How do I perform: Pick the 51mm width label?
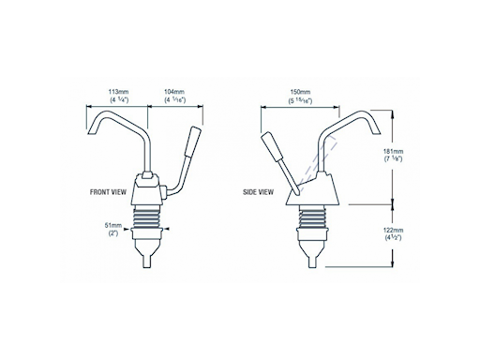coord(113,225)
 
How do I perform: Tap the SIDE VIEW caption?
coord(257,191)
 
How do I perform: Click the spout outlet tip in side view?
coord(369,140)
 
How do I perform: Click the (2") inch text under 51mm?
coord(113,234)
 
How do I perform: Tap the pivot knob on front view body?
coord(162,195)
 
